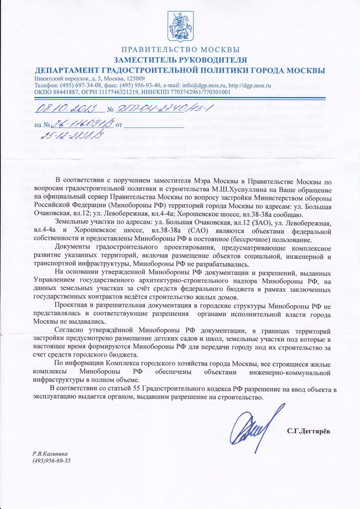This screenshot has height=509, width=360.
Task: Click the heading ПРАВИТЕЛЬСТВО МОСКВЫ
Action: pos(180,50)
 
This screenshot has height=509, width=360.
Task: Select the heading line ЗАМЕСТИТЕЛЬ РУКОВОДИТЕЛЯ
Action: pos(180,60)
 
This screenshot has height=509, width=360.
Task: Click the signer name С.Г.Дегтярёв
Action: pos(308,430)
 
